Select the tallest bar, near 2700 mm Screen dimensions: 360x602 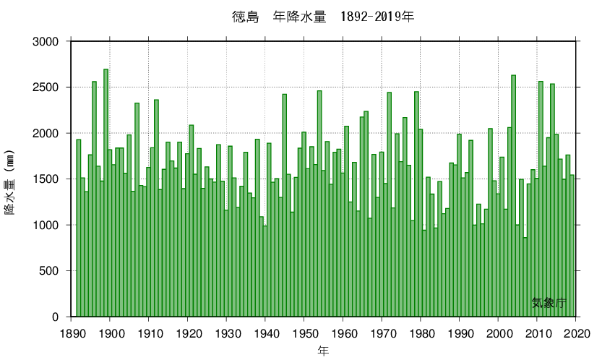[106, 195]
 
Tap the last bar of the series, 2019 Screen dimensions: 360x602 [572, 246]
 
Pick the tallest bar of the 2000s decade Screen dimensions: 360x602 [514, 195]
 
